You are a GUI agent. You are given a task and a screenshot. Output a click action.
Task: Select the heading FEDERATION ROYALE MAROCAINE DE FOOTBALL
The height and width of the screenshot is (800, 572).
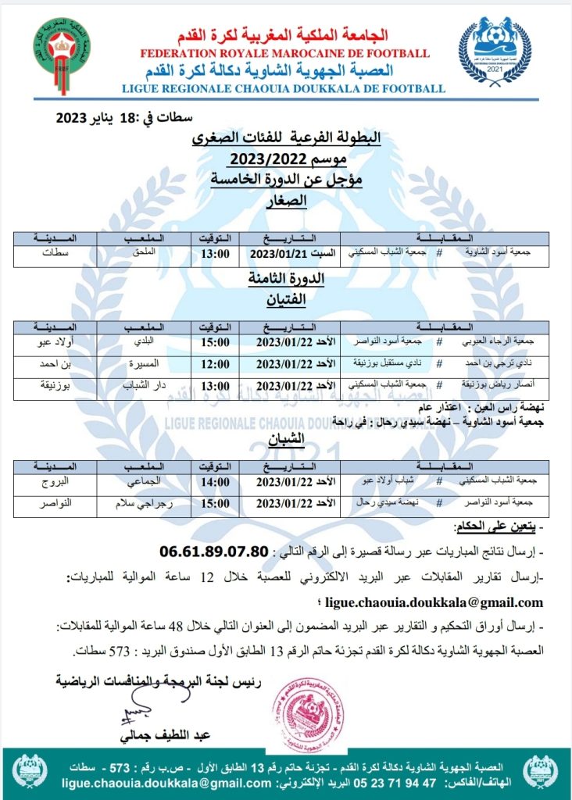click(284, 53)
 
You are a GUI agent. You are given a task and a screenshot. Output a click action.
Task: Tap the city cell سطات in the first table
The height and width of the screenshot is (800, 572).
click(54, 253)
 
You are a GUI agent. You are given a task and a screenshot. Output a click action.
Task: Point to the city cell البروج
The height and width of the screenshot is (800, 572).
click(54, 484)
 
